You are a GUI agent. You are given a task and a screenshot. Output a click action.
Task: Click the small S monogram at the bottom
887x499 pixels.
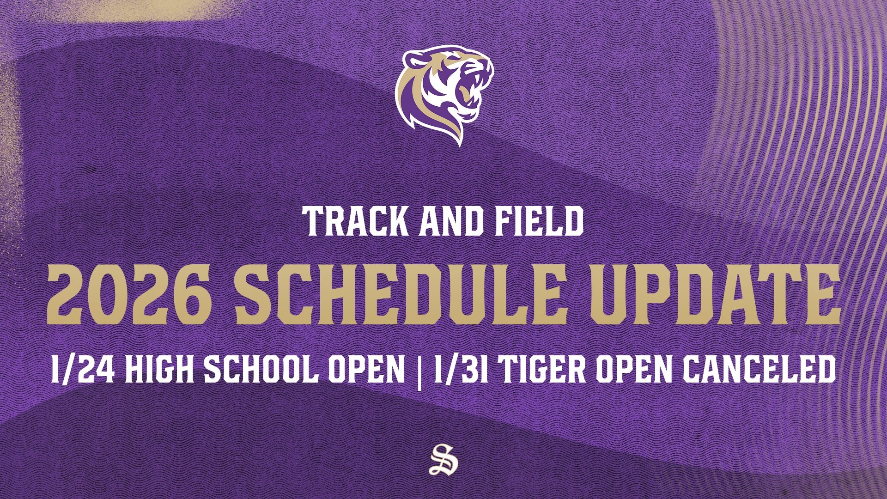(x=442, y=459)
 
